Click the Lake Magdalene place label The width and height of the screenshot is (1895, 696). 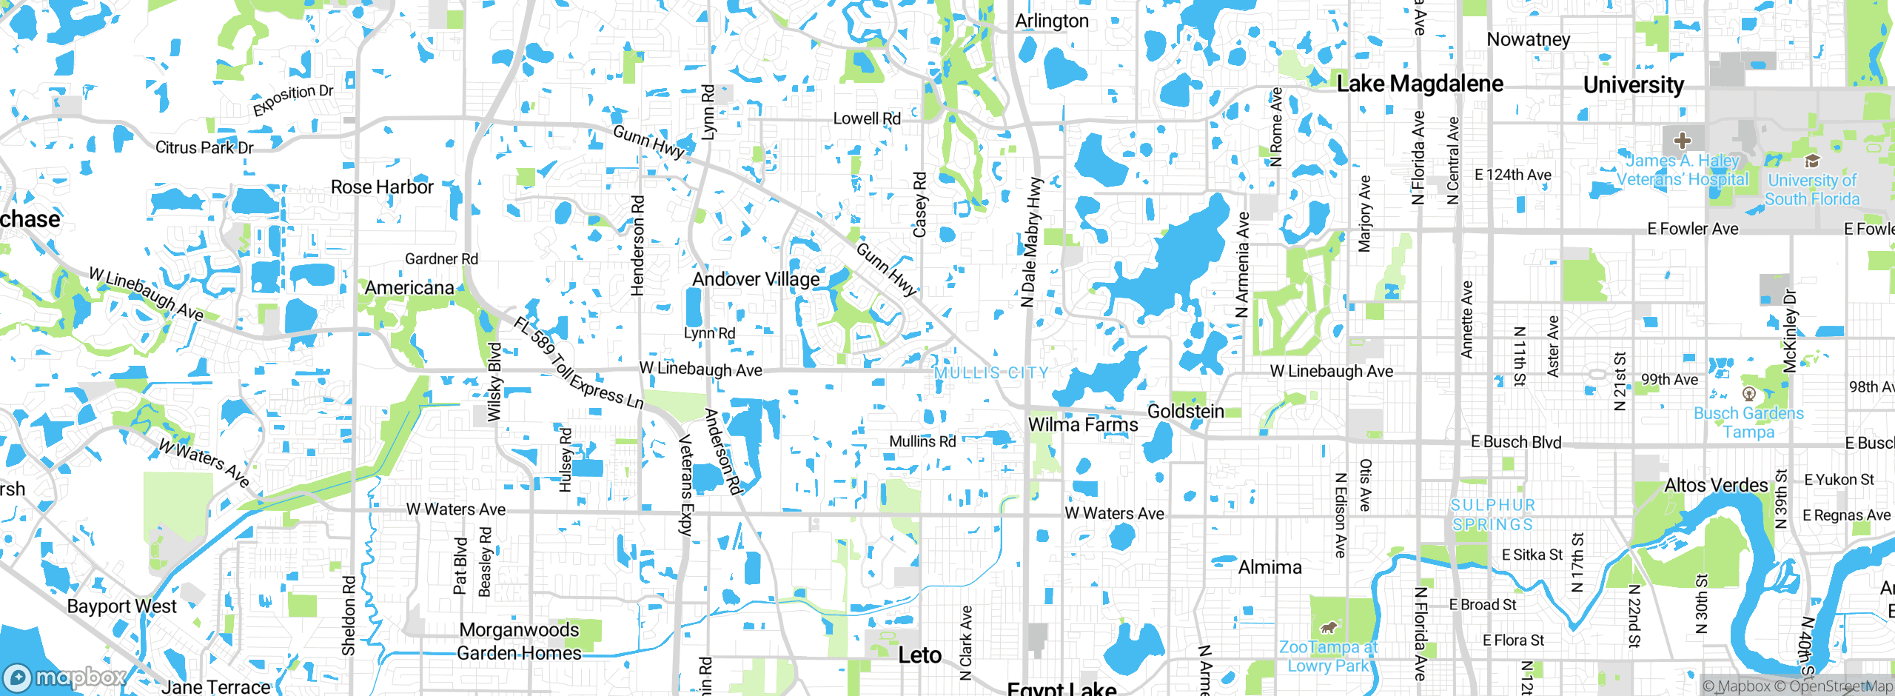pyautogui.click(x=1420, y=84)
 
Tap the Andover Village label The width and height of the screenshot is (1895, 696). pyautogui.click(x=756, y=279)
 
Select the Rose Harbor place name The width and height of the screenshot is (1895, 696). pyautogui.click(x=382, y=187)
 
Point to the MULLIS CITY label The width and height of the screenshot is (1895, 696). pyautogui.click(x=991, y=372)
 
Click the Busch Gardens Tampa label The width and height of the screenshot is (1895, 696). pyautogui.click(x=1748, y=422)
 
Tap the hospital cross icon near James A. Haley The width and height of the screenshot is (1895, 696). pyautogui.click(x=1682, y=140)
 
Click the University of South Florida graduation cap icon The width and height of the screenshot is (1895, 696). pyautogui.click(x=1811, y=161)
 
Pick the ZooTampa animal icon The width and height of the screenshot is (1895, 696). pyautogui.click(x=1329, y=628)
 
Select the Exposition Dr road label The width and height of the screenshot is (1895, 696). pyautogui.click(x=293, y=100)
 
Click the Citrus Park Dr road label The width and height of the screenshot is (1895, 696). pyautogui.click(x=204, y=147)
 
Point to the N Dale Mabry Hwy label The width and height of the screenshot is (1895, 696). pyautogui.click(x=1030, y=242)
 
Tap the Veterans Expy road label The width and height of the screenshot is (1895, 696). pyautogui.click(x=686, y=485)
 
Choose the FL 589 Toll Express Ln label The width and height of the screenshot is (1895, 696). pyautogui.click(x=578, y=364)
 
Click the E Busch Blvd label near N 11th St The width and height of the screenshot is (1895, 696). pyautogui.click(x=1516, y=442)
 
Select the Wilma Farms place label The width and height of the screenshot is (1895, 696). pyautogui.click(x=1083, y=424)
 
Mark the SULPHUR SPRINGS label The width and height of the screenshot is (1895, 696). pyautogui.click(x=1492, y=515)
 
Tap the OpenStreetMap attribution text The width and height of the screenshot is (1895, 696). pyautogui.click(x=1839, y=686)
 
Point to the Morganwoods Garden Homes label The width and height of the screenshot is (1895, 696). pyautogui.click(x=519, y=641)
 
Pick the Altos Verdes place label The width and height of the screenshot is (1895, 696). pyautogui.click(x=1716, y=485)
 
